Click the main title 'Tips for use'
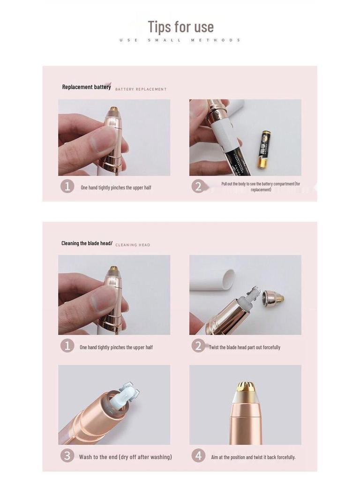(180, 27)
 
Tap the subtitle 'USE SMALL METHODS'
(180, 40)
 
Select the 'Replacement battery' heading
(86, 87)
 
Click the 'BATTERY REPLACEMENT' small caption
(141, 89)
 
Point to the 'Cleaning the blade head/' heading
(87, 243)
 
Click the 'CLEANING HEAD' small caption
(133, 245)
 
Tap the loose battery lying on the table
(263, 149)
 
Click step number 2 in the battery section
(198, 187)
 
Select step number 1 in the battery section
(67, 187)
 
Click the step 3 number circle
(67, 456)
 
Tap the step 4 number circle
(198, 456)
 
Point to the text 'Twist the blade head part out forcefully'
(244, 347)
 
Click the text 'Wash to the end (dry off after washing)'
(125, 457)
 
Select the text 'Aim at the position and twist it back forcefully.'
(253, 457)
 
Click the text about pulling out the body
(261, 187)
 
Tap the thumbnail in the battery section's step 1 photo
(103, 139)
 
